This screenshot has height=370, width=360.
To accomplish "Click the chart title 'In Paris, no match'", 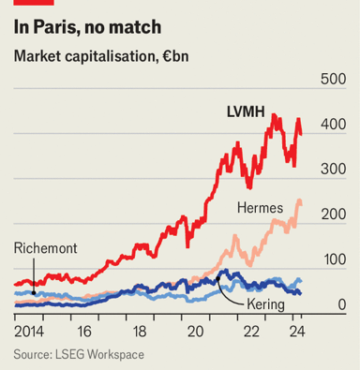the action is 87,27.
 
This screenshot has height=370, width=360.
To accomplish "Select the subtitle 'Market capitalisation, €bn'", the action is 101,57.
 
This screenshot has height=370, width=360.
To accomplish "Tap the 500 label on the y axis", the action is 334,79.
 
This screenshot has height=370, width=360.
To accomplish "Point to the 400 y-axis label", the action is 334,125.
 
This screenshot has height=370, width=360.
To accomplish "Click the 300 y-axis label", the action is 334,170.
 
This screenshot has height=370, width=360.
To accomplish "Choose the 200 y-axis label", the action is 334,215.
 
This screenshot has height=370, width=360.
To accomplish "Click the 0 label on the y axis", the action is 342,304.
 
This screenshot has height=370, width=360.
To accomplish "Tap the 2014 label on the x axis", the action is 29,332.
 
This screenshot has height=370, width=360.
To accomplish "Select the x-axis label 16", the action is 84,332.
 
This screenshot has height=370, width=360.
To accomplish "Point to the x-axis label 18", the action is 140,332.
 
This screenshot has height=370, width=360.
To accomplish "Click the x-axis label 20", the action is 195,332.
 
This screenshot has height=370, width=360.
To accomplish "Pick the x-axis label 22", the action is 251,332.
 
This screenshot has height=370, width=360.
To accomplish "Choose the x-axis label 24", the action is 297,332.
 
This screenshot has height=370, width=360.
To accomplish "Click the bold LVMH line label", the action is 246,111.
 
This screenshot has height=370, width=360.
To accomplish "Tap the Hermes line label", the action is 260,208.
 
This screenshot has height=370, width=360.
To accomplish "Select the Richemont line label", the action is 46,248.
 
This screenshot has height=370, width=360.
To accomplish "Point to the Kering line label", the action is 265,304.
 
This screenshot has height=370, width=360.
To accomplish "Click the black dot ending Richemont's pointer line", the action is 34,293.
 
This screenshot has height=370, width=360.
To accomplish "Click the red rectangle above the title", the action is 34,3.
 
